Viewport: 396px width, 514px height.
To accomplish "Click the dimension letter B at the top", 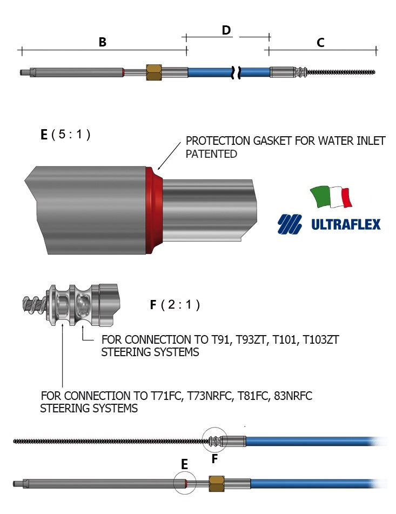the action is pos(103,42).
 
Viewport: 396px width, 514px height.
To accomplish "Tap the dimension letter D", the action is pos(226,30).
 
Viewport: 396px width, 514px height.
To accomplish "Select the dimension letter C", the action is pos(321,43).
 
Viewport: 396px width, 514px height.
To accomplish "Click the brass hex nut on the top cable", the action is pos(153,72).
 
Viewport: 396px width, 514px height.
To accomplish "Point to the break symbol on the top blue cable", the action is pos(237,72).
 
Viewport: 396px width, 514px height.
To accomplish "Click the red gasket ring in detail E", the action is pos(154,210).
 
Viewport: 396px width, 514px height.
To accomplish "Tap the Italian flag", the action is pos(331,197).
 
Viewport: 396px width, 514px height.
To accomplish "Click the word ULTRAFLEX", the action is pos(346,224).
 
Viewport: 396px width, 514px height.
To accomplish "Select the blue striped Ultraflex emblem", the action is pos(290,224).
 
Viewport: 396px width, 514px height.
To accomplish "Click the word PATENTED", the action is pos(211,153).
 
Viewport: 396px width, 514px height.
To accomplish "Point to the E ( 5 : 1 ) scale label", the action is pos(65,135).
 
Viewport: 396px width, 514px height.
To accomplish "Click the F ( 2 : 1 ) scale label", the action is pos(174,305).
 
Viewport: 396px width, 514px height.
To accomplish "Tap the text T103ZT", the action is pos(321,339).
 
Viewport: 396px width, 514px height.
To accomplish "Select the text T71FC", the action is pos(166,396).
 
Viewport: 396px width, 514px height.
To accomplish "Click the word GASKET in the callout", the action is pos(272,141).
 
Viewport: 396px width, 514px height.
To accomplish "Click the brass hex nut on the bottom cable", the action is pos(217,484).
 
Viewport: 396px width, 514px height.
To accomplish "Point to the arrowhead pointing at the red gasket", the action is pos(159,168).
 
